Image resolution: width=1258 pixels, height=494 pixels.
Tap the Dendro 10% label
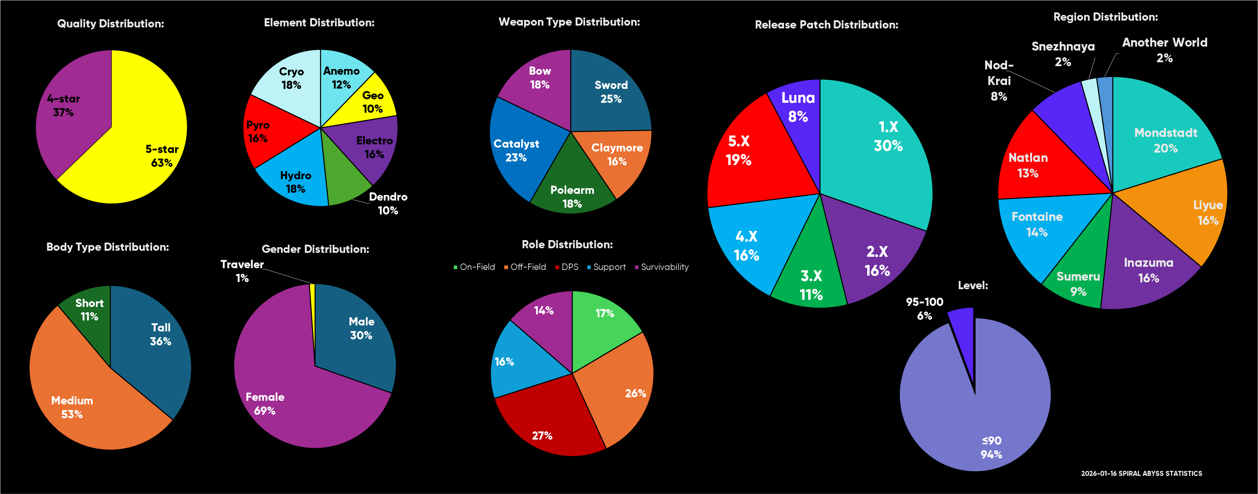click(x=388, y=204)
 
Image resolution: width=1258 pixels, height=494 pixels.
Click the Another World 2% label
click(x=1165, y=50)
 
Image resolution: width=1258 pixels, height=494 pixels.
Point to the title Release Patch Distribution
click(x=826, y=25)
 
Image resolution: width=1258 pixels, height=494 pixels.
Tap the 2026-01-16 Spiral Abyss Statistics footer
click(x=1141, y=473)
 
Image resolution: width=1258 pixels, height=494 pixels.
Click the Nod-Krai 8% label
click(x=999, y=81)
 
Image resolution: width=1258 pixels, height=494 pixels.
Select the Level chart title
click(x=973, y=285)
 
